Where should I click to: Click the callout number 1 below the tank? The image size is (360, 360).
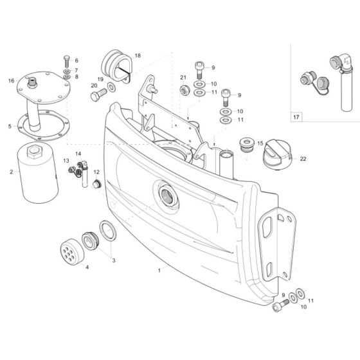[x=158, y=271]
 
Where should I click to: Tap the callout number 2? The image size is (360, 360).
[x=11, y=172]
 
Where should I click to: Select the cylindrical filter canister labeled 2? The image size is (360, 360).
[x=37, y=172]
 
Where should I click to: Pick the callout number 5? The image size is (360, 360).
[x=10, y=127]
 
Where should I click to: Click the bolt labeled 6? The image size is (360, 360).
[x=66, y=62]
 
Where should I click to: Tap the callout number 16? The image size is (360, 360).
[x=11, y=81]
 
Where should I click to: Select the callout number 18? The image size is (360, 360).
[x=137, y=56]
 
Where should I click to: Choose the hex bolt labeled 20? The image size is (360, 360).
[x=98, y=95]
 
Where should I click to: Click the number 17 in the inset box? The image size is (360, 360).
[x=296, y=118]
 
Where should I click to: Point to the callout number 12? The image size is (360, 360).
[x=97, y=172]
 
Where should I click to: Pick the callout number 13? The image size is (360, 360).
[x=66, y=160]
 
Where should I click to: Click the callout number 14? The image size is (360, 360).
[x=78, y=154]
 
